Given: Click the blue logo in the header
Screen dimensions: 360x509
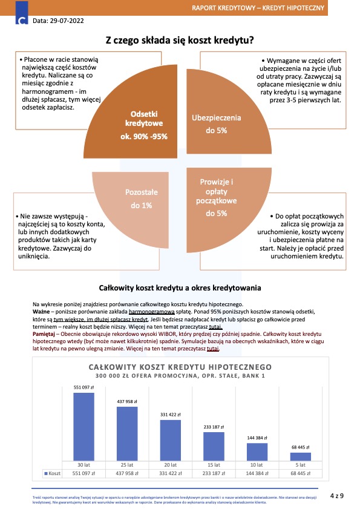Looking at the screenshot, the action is coord(22,13).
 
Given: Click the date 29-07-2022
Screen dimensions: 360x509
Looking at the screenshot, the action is coord(67,21).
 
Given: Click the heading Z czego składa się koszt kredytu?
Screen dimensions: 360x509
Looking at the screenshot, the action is coord(180,41).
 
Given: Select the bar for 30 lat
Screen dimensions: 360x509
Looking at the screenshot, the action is coord(83,427).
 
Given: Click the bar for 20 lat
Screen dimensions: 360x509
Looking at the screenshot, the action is coord(171,441).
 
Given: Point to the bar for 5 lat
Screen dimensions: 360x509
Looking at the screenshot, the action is coord(301,457).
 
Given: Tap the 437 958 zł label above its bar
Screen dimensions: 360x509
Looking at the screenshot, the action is coord(127,401).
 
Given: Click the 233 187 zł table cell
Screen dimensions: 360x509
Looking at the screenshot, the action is coord(214,473).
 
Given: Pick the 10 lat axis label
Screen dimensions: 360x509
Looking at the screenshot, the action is coord(257,465).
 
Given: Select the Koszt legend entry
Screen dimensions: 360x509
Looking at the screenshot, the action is coord(52,473).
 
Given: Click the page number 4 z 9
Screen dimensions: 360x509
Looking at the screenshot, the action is coord(337,496).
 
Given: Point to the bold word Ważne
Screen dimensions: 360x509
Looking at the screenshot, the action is coord(41,312).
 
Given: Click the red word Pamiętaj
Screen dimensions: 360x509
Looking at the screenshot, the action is coord(44,334).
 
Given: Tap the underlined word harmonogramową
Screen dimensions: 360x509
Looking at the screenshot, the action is coord(152,312).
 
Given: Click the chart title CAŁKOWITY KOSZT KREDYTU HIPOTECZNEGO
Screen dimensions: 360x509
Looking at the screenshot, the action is coord(180,367).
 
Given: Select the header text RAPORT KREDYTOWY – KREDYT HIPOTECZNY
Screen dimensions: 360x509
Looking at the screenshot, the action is coord(258,8).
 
